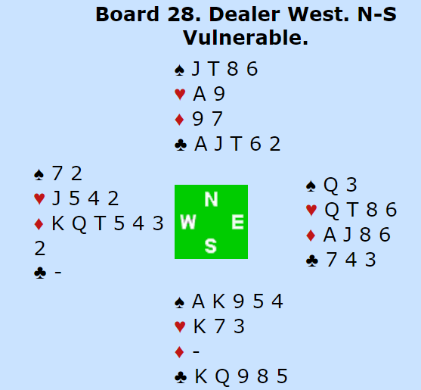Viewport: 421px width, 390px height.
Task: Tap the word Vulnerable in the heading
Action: (246, 38)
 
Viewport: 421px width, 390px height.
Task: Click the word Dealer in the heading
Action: (244, 14)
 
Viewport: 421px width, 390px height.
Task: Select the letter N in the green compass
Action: (211, 199)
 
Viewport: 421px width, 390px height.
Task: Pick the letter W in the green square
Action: (188, 222)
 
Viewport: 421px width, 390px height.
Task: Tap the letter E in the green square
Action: (237, 222)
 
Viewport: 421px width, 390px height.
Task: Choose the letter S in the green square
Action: (211, 246)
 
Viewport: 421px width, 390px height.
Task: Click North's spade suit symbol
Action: (180, 70)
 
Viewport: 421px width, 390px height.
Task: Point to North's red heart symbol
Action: (180, 95)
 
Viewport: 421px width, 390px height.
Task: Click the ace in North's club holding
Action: (201, 144)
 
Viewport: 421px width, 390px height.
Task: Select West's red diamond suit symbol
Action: (39, 224)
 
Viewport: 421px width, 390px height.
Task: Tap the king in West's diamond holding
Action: (57, 223)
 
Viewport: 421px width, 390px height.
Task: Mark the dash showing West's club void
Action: (58, 273)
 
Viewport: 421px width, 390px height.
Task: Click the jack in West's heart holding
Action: (56, 198)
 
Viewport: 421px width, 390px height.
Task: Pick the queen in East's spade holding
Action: (330, 185)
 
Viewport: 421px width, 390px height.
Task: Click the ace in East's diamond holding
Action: (330, 235)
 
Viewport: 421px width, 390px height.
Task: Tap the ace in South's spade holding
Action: (199, 301)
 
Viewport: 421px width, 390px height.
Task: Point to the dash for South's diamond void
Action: (196, 351)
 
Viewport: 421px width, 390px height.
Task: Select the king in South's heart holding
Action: (200, 326)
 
